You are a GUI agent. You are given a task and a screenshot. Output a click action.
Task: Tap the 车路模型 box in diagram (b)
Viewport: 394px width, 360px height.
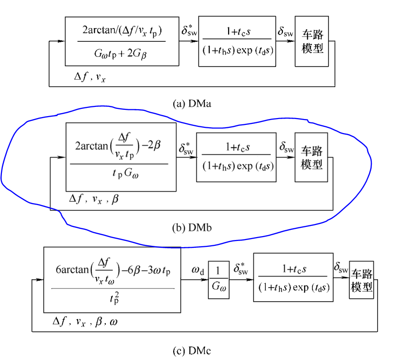click(310, 157)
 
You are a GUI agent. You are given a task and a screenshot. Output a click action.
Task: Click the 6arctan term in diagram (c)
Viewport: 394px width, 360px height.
click(70, 269)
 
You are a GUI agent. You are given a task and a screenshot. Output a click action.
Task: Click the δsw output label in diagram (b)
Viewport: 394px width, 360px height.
click(286, 147)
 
